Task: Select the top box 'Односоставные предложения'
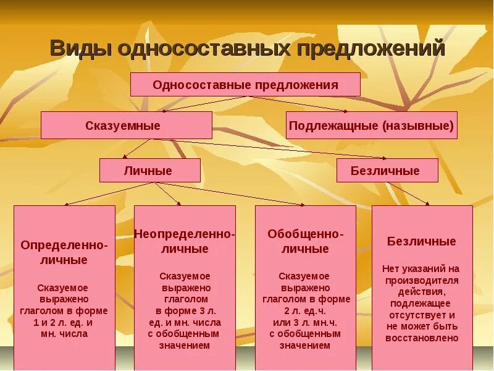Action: [245, 85]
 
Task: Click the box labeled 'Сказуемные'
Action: [127, 126]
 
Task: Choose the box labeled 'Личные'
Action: [150, 171]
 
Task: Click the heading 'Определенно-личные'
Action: [64, 252]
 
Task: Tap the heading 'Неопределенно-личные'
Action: [184, 242]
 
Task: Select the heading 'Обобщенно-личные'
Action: [306, 242]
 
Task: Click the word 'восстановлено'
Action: [422, 338]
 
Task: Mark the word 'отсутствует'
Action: [416, 315]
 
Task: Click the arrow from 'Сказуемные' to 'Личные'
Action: [138, 148]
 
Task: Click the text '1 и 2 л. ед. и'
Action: [64, 322]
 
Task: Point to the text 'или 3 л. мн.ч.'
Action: [305, 322]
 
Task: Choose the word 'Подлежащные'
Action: [333, 126]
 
